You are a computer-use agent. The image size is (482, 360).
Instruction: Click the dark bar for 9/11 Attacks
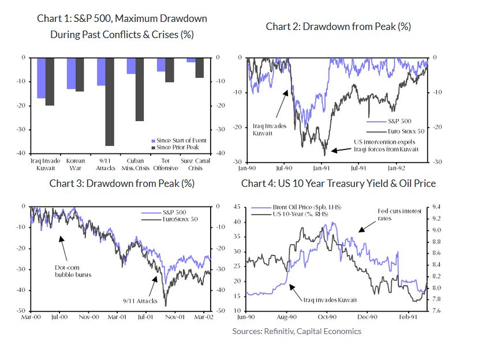click(x=109, y=102)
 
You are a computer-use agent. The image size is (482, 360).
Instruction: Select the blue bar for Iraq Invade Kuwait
click(x=41, y=78)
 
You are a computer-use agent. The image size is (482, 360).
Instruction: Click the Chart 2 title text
click(x=338, y=27)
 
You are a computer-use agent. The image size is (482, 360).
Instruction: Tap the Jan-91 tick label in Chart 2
click(x=322, y=168)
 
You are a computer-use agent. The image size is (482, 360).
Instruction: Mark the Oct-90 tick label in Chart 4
click(x=327, y=317)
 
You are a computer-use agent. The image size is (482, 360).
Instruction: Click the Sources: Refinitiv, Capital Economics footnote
click(x=297, y=331)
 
